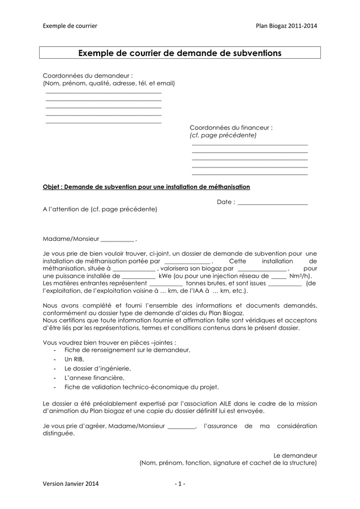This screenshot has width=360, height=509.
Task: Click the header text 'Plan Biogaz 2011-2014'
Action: [x=286, y=26]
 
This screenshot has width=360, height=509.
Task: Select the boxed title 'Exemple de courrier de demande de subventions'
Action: [x=179, y=54]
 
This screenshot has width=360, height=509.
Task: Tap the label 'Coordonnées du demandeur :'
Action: [x=88, y=75]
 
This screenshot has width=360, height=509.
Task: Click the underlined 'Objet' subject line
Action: [x=147, y=187]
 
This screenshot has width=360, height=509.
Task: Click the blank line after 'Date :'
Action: [x=272, y=202]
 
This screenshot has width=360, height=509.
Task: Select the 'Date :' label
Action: [x=225, y=202]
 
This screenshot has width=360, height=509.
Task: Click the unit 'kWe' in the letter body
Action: [x=165, y=276]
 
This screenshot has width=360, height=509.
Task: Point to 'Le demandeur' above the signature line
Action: [x=295, y=455]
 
